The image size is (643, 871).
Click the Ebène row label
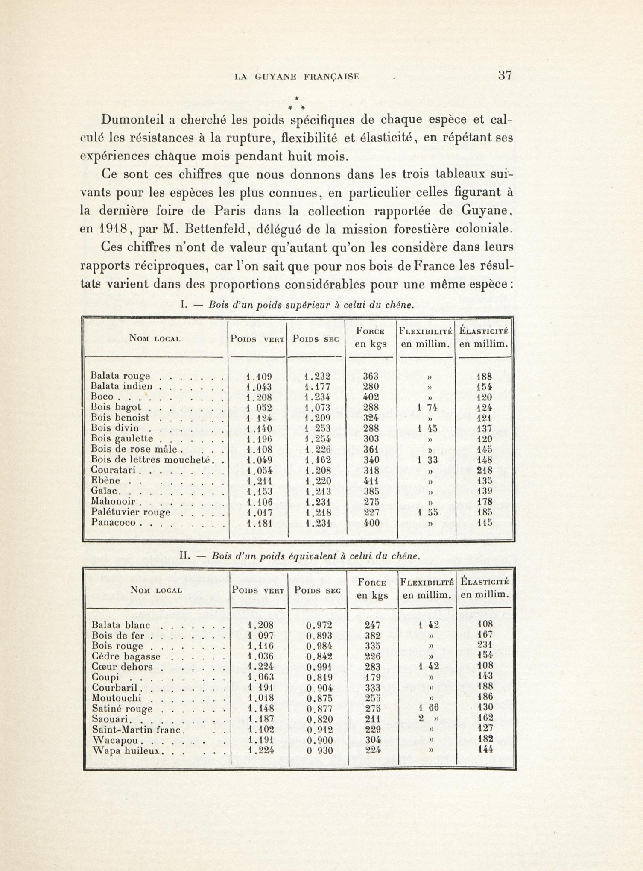coord(105,481)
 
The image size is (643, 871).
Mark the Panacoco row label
coord(113,522)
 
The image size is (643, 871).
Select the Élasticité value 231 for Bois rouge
coord(485,646)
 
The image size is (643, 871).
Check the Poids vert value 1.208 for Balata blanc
coord(260,625)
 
